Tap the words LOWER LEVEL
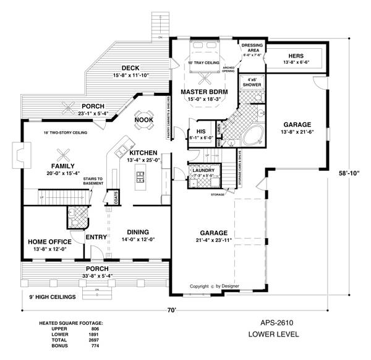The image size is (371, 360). pos(273,334)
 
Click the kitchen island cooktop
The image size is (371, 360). pos(140,177)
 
